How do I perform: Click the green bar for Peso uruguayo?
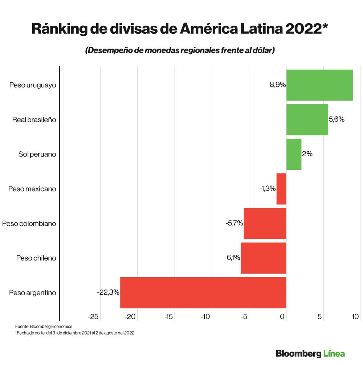tap(319, 85)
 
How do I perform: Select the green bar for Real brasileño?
tap(307, 120)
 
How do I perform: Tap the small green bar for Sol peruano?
tap(294, 154)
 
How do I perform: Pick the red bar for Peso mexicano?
tap(281, 189)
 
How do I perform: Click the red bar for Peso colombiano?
tap(265, 223)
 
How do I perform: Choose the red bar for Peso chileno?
tap(264, 258)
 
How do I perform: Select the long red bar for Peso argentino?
tap(203, 292)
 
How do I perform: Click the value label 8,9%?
tap(278, 85)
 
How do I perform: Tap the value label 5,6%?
tap(337, 120)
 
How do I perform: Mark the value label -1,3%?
tap(268, 189)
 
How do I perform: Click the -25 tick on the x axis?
tap(93, 317)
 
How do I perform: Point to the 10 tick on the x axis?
tap(355, 317)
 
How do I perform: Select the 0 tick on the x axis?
tap(282, 317)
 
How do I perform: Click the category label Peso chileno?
tap(36, 258)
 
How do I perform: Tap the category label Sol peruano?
tap(37, 154)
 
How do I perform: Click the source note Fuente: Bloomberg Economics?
tap(44, 327)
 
